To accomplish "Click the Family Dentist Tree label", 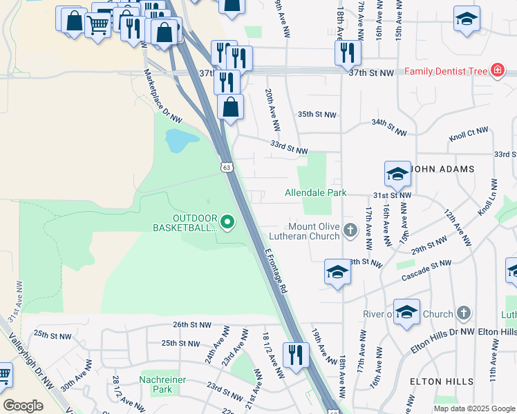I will (x=446, y=71).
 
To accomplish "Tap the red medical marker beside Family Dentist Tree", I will (x=496, y=71).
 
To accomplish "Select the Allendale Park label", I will (x=316, y=193).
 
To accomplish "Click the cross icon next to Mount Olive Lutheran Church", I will (x=351, y=230).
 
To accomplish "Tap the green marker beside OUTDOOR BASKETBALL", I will (x=227, y=222).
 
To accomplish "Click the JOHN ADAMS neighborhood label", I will (x=442, y=169).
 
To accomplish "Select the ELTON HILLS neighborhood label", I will (x=441, y=382).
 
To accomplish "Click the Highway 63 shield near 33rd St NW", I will (x=227, y=167).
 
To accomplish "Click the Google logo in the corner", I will (x=23, y=406).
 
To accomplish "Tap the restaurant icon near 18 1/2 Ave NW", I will (x=296, y=355).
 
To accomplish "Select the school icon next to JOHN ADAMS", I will (x=397, y=175).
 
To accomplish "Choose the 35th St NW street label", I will (x=317, y=115).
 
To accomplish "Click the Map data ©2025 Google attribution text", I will (x=473, y=408).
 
